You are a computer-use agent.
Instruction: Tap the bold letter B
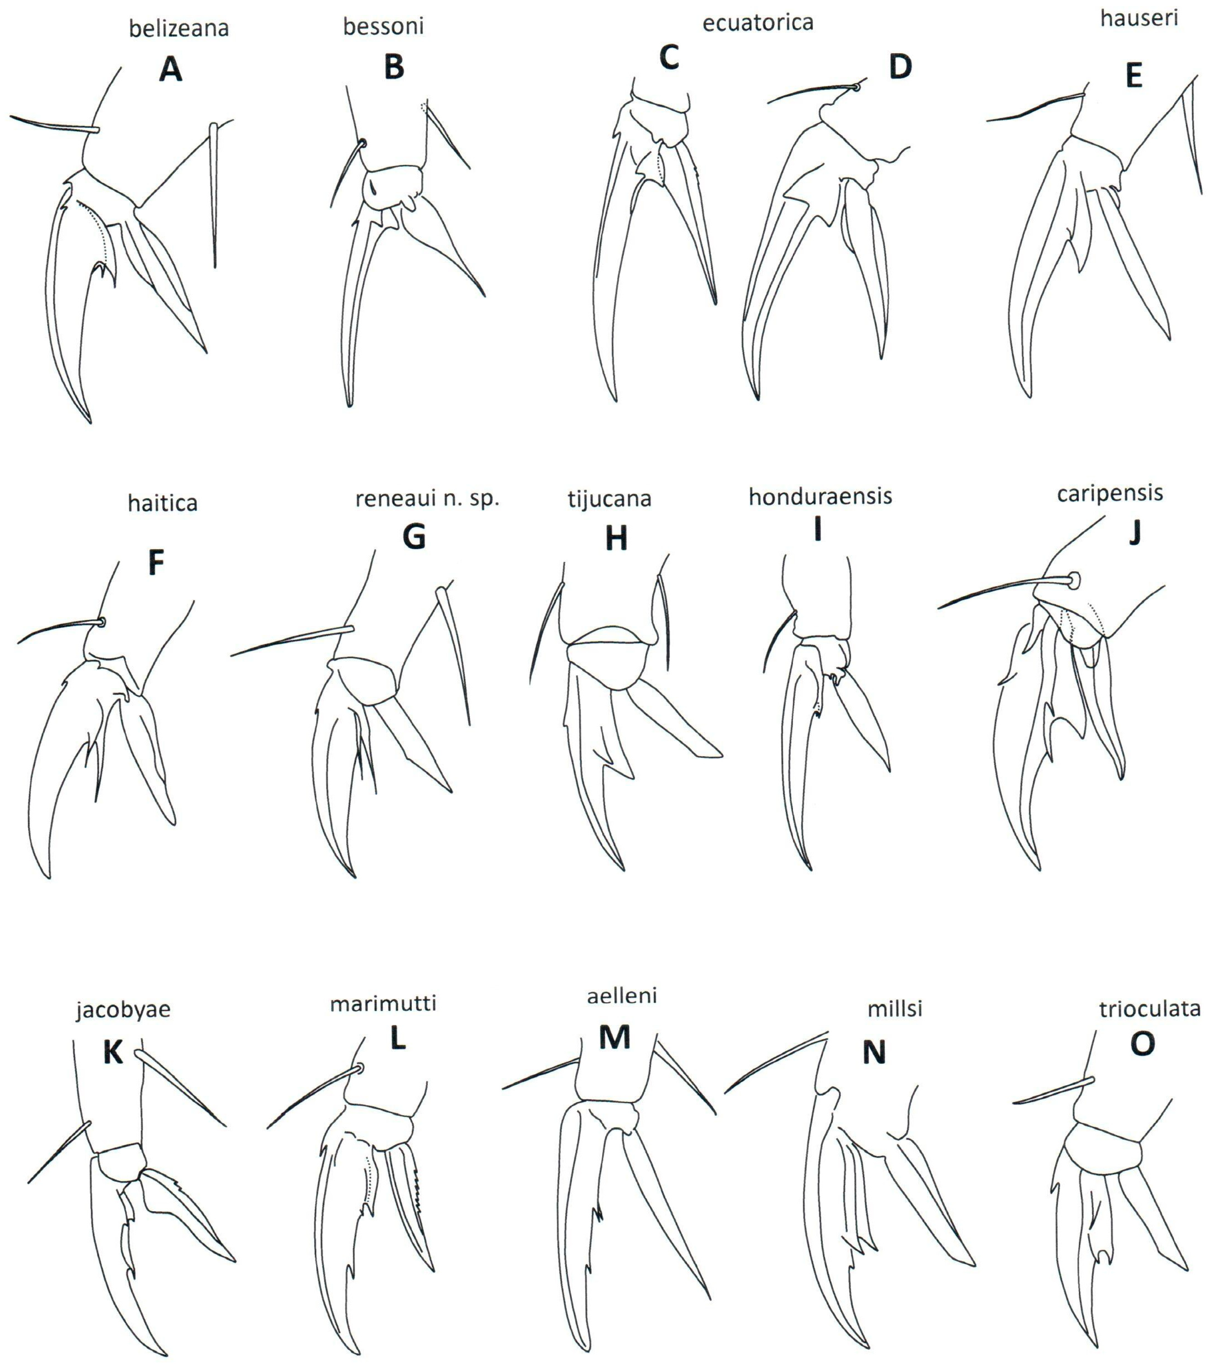point(394,67)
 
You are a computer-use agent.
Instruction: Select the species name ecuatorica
point(758,23)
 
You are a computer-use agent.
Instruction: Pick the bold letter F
point(156,563)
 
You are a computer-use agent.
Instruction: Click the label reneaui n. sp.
point(427,499)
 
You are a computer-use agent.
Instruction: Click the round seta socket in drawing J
point(1074,580)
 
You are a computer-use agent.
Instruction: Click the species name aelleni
point(621,996)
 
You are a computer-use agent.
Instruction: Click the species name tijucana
point(609,499)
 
